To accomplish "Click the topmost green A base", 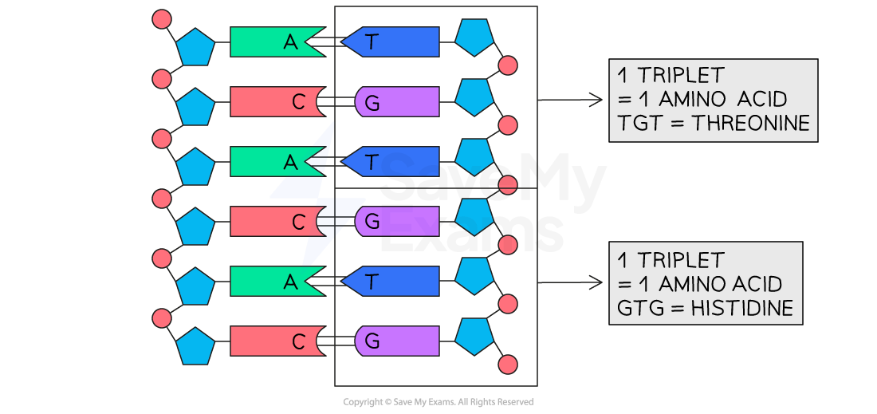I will click(275, 42).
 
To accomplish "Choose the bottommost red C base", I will click(275, 341).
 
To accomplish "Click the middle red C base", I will click(275, 222).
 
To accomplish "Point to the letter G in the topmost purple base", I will click(371, 102).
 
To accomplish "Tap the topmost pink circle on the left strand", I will click(162, 19).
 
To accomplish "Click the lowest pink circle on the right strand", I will click(507, 365).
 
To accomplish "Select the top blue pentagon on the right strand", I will click(474, 37).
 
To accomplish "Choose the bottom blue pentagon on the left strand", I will click(195, 346).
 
